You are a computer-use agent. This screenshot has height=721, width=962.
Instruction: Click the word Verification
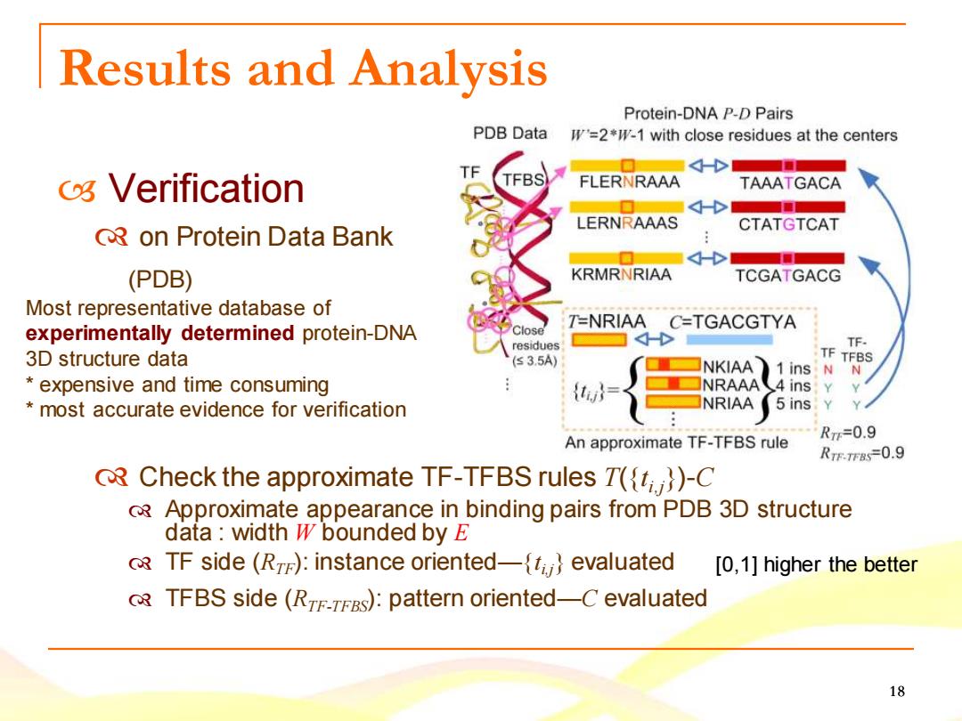(206, 188)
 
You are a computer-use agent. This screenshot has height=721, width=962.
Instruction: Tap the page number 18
(896, 692)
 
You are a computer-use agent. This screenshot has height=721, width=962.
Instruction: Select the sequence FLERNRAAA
(630, 182)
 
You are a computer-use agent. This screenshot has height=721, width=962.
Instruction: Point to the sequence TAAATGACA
(789, 182)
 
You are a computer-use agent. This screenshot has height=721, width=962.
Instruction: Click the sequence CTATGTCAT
(788, 224)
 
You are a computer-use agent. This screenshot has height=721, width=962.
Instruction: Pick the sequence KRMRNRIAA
(621, 274)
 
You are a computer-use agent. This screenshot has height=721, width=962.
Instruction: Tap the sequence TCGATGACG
(787, 275)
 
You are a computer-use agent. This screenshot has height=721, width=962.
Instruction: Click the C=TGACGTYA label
(732, 322)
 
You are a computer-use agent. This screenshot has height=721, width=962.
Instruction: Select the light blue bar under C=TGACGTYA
(729, 339)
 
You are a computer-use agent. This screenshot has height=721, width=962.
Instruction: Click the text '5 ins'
(794, 403)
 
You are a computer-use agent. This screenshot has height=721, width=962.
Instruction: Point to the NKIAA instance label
(727, 367)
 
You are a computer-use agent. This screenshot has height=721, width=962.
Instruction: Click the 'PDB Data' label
(510, 133)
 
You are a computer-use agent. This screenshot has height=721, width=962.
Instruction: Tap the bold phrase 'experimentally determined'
(160, 333)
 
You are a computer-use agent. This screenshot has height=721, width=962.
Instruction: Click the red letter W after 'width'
(305, 532)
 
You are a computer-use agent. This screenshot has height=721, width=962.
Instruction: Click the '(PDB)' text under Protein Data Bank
(160, 279)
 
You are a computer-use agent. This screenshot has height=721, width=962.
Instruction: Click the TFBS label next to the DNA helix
(524, 180)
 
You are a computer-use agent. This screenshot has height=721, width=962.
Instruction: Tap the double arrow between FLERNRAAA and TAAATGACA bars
(708, 166)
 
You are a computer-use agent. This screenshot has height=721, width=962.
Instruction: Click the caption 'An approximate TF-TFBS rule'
(676, 442)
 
